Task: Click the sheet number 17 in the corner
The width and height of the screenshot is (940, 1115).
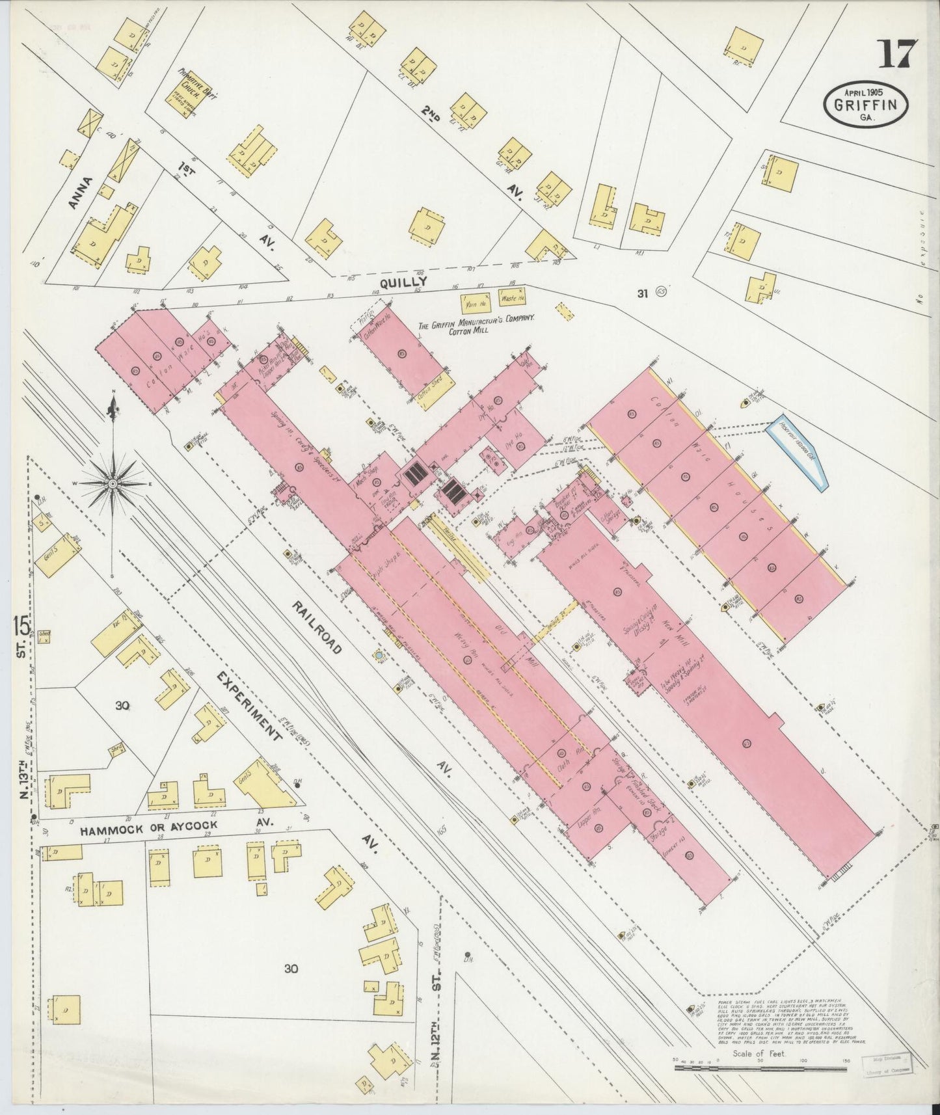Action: click(x=898, y=53)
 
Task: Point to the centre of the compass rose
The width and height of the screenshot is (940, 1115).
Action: click(x=113, y=483)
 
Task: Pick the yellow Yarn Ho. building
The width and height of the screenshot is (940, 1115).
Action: click(x=476, y=303)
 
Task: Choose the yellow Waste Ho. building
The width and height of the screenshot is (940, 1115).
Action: click(x=512, y=299)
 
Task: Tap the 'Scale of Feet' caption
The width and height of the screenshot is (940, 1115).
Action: click(x=759, y=1053)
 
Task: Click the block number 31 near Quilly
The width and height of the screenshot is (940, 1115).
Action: click(x=643, y=294)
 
